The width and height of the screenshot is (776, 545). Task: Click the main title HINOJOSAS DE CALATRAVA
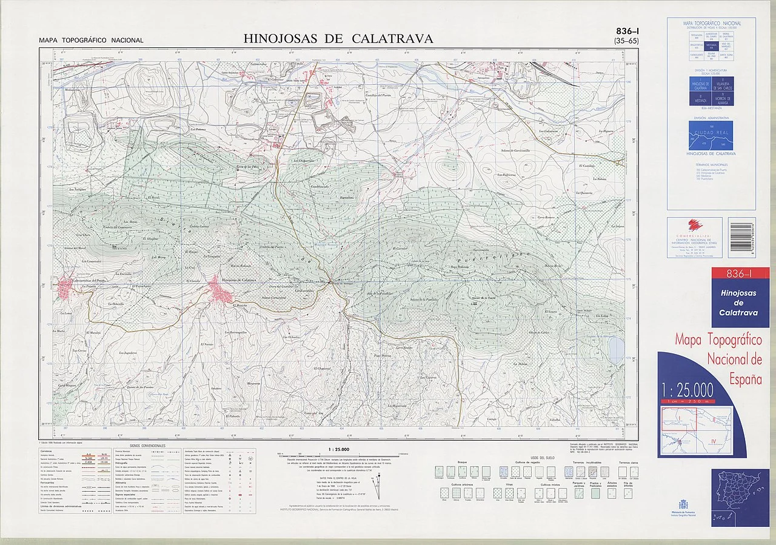point(338,39)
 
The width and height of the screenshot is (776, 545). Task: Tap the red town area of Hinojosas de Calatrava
point(220,290)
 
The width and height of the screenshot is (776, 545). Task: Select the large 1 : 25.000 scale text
point(687,389)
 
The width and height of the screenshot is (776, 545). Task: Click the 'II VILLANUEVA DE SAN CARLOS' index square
point(721,84)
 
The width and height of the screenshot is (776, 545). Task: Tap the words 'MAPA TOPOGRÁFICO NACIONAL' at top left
point(91,41)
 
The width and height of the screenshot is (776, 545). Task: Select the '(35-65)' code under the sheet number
point(626,41)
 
